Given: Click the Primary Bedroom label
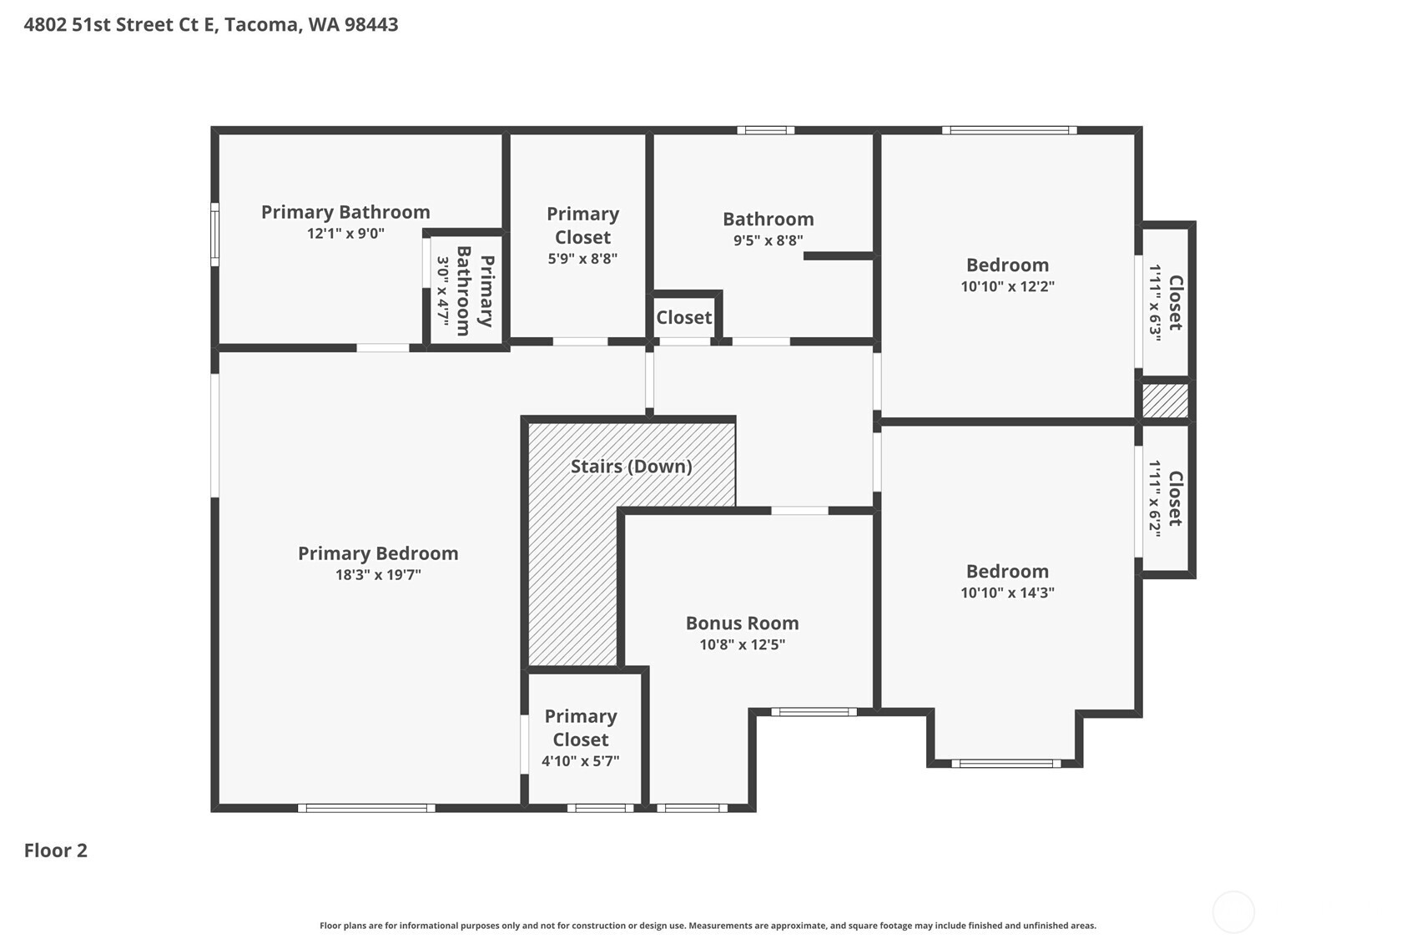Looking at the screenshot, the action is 378,553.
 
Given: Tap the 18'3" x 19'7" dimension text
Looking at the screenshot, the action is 378,575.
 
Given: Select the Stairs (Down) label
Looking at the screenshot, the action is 631,466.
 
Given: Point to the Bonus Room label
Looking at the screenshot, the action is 742,623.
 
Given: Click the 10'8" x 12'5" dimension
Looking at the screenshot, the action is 742,644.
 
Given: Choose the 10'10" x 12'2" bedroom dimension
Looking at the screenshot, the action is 1008,286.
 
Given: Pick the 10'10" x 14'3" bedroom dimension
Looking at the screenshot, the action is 1008,593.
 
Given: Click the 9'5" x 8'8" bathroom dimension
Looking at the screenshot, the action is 768,240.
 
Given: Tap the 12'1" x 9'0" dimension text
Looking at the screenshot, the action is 345,234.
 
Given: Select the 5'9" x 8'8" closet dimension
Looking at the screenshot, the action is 582,259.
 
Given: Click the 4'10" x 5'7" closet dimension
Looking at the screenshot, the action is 580,760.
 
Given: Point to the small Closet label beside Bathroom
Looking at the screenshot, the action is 684,317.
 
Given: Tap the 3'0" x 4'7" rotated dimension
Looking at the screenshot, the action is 443,291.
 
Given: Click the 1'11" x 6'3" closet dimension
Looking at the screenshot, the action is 1155,303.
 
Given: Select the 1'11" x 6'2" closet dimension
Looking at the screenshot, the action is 1155,499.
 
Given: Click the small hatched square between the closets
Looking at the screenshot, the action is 1165,401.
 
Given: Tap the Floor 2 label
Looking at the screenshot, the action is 56,851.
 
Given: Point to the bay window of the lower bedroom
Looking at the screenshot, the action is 1005,764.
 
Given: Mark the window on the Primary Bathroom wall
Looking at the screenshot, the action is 215,235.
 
